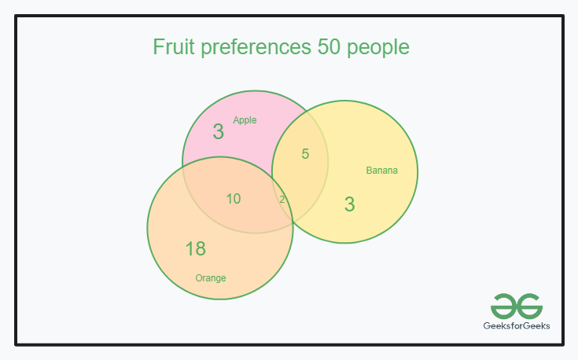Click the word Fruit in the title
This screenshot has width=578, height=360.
pyautogui.click(x=173, y=47)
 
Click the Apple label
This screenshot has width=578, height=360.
pyautogui.click(x=245, y=120)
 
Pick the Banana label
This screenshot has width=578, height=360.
pyautogui.click(x=382, y=171)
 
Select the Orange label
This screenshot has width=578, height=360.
pyautogui.click(x=211, y=278)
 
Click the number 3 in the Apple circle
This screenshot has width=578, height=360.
pyautogui.click(x=219, y=132)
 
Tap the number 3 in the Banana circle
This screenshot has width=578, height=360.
pyautogui.click(x=350, y=204)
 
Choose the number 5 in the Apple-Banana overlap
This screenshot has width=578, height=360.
pyautogui.click(x=305, y=154)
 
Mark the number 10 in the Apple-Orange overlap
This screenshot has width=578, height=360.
pyautogui.click(x=234, y=199)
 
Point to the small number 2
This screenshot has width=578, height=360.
pyautogui.click(x=282, y=200)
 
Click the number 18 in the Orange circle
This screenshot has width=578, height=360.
pyautogui.click(x=195, y=249)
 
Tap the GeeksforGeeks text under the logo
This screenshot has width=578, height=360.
pyautogui.click(x=516, y=325)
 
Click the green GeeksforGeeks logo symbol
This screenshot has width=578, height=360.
pyautogui.click(x=516, y=305)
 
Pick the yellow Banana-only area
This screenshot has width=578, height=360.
pyautogui.click(x=377, y=212)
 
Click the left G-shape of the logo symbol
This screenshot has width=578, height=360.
pyautogui.click(x=504, y=305)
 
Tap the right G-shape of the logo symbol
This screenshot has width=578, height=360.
pyautogui.click(x=528, y=305)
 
